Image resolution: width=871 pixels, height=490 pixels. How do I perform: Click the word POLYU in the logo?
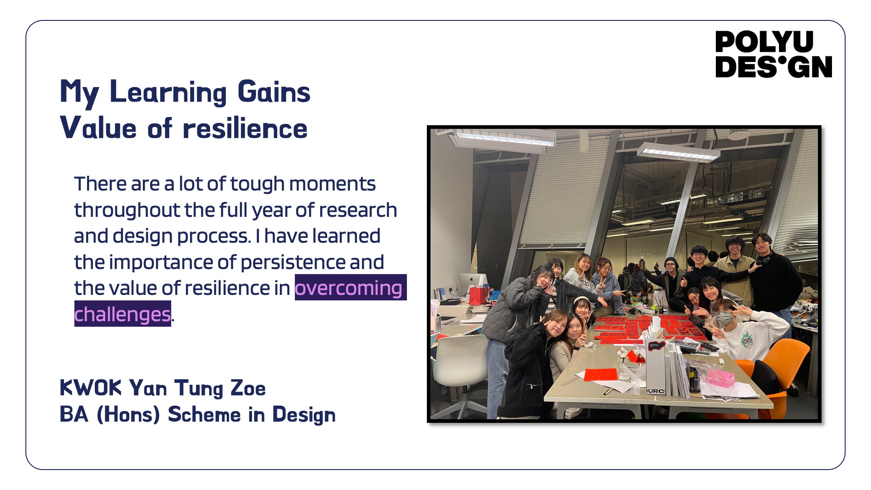(x=764, y=42)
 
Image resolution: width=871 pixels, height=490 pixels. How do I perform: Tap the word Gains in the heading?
(x=274, y=92)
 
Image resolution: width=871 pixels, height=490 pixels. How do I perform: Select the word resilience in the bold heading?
(x=245, y=128)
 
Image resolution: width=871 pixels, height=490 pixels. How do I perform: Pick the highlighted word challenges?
(x=122, y=314)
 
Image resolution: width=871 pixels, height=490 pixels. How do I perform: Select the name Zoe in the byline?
(x=248, y=388)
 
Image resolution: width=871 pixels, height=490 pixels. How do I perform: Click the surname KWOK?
(x=91, y=388)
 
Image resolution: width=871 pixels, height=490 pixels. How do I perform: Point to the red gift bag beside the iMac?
(x=479, y=295)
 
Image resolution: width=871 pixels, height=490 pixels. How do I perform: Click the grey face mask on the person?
(x=725, y=317)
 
